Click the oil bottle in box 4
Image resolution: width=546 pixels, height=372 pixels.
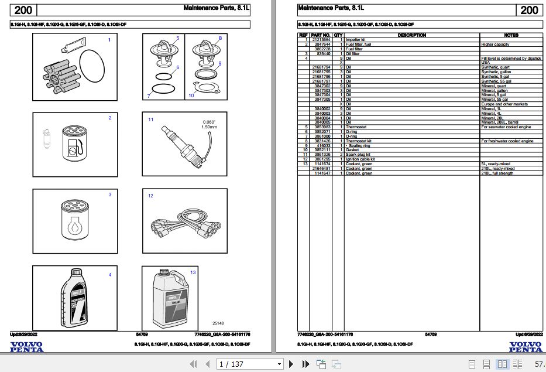[75, 299]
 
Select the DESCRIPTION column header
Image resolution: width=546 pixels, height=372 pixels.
[411, 35]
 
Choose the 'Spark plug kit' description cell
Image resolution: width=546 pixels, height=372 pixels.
[358, 154]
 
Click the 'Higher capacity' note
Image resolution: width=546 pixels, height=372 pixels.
[495, 44]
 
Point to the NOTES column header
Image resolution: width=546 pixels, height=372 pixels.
[511, 35]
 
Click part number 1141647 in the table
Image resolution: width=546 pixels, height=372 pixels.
[322, 173]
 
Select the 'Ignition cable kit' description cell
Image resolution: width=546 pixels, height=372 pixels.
[360, 159]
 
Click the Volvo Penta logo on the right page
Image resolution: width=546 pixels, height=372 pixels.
[525, 347]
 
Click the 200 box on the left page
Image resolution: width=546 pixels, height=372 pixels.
[23, 10]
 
